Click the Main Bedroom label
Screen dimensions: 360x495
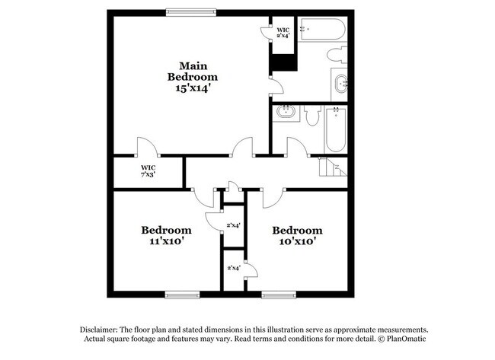coord(193,71)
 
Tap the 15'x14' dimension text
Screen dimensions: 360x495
coord(193,88)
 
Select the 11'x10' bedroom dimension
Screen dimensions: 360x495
coord(165,241)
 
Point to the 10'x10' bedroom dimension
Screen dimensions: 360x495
coord(297,241)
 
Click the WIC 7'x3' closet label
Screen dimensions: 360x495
coord(148,170)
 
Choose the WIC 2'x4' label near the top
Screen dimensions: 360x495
coord(283,32)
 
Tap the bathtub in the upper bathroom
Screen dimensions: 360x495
coord(322,29)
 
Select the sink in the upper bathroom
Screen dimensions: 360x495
coord(340,83)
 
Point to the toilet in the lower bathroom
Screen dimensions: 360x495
coord(312,116)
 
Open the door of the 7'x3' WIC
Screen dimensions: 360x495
coord(146,148)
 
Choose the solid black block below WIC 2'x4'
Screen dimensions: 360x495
coord(283,63)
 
